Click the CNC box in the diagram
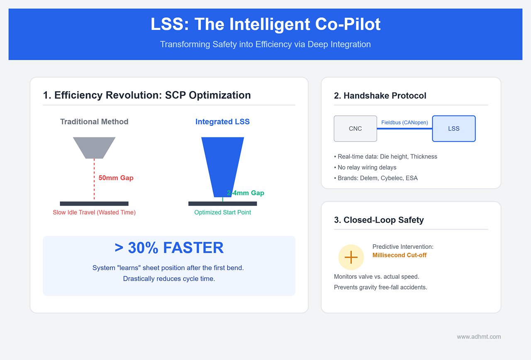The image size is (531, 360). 355,129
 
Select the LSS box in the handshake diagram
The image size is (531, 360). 453,129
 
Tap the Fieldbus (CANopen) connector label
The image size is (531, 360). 404,122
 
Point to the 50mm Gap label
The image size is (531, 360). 116,178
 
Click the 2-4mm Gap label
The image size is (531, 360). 245,193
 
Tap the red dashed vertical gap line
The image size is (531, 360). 94,179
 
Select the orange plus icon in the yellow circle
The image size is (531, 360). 351,257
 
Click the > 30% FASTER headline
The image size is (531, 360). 169,248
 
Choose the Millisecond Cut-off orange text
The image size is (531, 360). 399,255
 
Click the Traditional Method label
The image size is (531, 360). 94,122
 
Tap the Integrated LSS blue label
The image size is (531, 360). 222,122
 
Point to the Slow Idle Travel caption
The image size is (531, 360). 94,212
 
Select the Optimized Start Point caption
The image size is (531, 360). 222,212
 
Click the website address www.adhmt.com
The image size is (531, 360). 479,337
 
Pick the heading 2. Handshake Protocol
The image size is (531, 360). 380,96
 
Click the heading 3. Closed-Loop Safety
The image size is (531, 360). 379,220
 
